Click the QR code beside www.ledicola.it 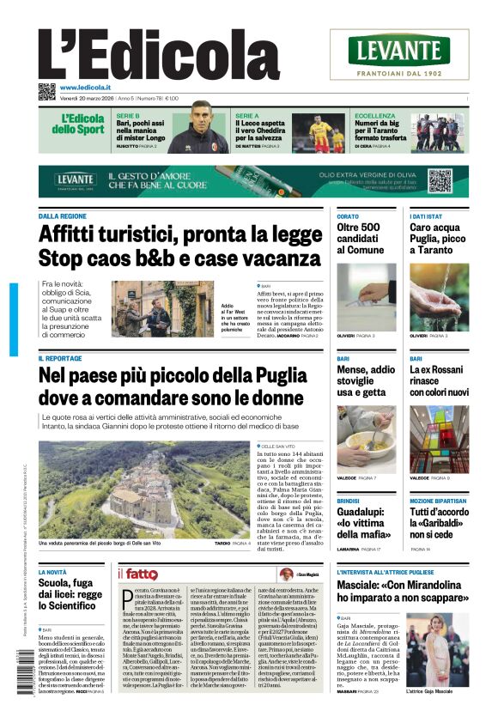click(x=46, y=90)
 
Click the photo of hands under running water click(x=439, y=296)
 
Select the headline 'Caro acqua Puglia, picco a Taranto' click(x=438, y=238)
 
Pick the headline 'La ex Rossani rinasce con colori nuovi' click(x=439, y=380)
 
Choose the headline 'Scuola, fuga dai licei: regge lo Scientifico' click(x=71, y=593)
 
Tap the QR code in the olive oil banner click(x=440, y=181)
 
